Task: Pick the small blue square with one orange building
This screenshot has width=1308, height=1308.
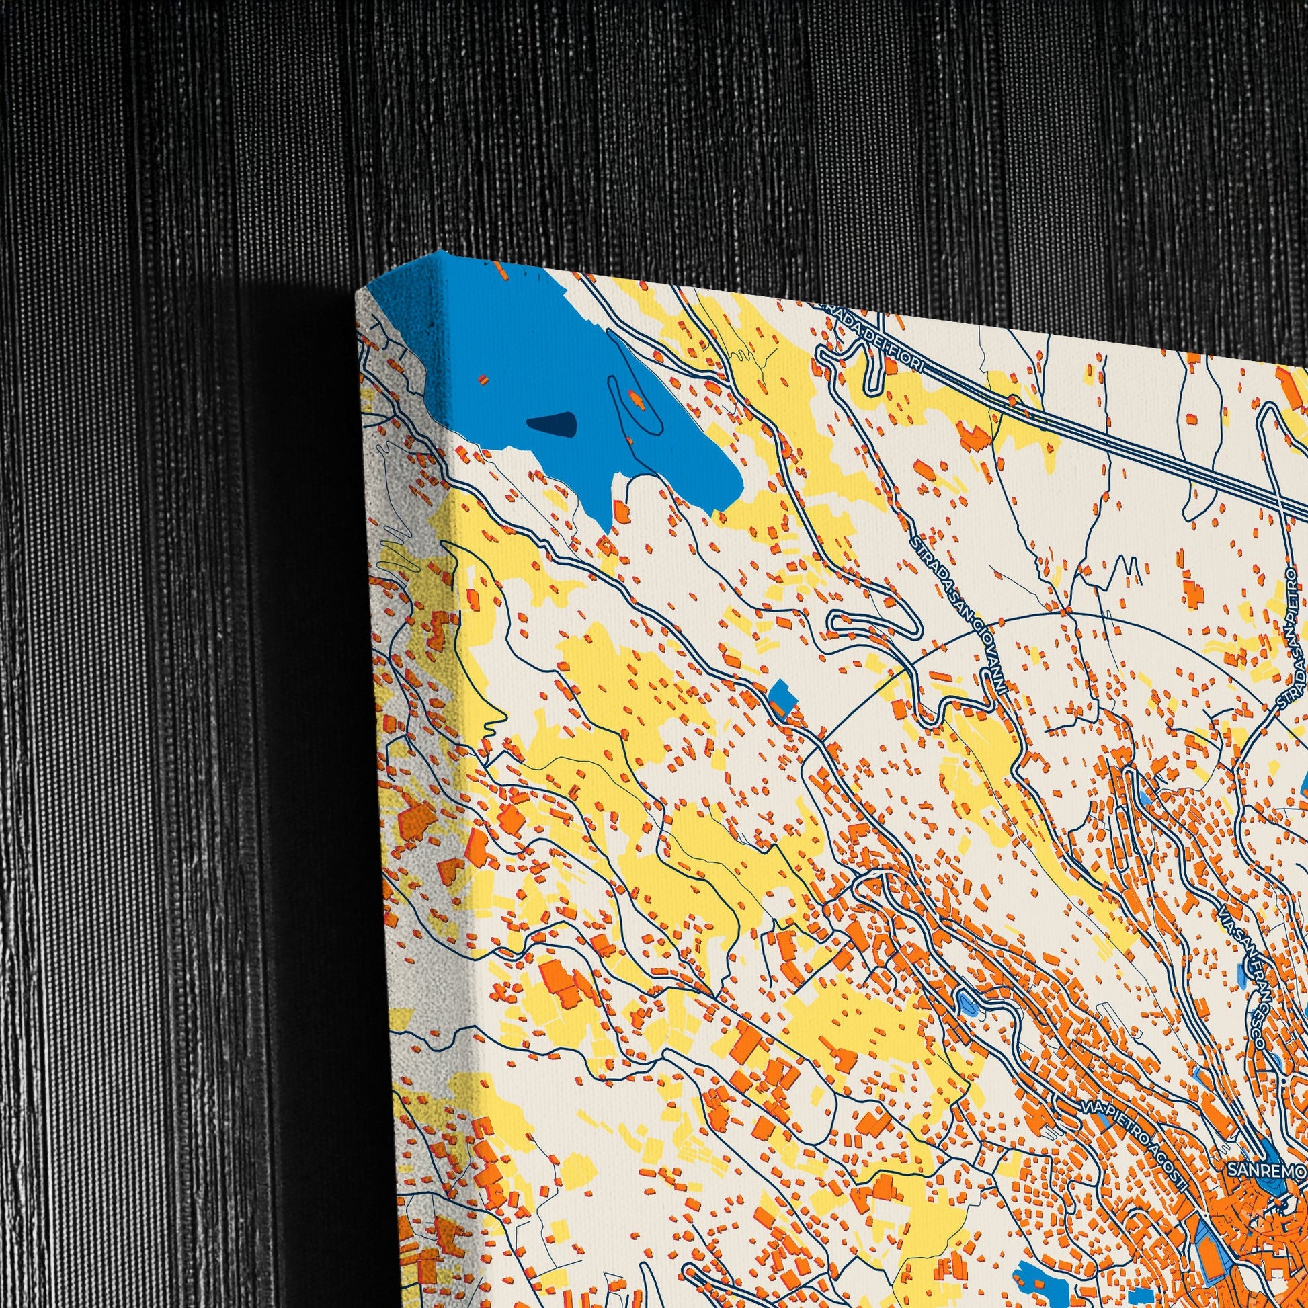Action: click(780, 698)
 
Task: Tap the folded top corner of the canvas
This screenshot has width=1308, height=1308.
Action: click(406, 278)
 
